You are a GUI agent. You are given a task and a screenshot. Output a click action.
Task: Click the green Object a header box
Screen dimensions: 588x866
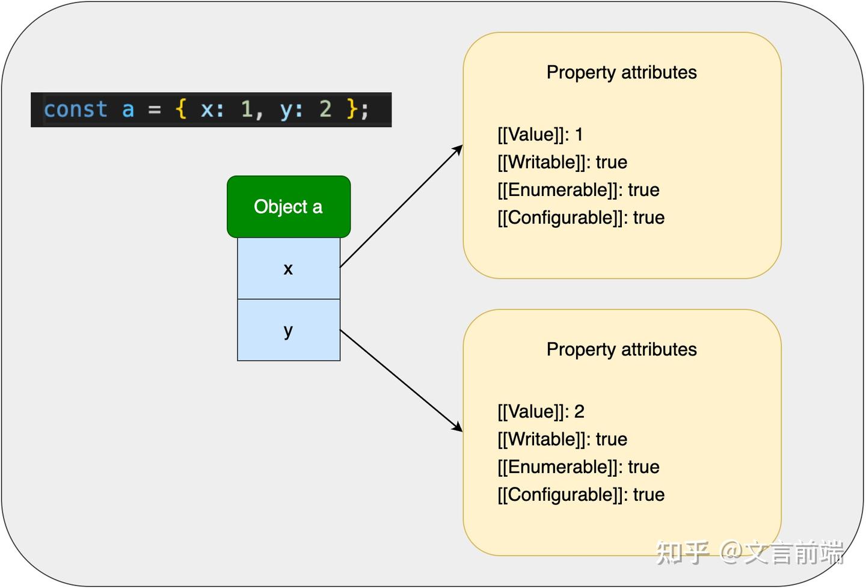pos(289,207)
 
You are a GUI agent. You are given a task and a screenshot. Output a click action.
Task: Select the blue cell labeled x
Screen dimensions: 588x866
pos(289,269)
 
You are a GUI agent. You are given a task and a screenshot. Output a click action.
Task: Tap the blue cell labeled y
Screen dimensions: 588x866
pos(289,330)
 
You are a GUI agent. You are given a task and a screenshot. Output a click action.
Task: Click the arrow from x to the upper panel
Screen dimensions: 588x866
pos(401,206)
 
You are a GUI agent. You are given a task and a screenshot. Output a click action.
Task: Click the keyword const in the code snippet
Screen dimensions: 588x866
pos(75,109)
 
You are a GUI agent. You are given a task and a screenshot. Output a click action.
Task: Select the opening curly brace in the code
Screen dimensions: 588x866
pos(180,109)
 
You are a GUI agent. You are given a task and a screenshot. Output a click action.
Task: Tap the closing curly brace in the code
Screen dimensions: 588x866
pos(352,109)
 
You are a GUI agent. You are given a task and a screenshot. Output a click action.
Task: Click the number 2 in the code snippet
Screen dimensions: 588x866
pos(325,109)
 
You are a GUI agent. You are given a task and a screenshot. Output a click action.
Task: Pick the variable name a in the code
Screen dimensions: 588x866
pos(127,109)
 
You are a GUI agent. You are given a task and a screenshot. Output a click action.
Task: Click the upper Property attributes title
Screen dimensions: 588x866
pos(621,72)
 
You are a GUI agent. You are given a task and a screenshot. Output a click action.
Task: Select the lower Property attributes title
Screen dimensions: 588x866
pos(621,349)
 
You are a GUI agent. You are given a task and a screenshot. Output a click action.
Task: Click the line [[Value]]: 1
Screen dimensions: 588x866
pos(540,134)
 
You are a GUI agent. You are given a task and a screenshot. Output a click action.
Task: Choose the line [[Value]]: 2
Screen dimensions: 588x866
pos(541,411)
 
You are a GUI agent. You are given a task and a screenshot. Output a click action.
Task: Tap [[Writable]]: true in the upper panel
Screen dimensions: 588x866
pos(562,162)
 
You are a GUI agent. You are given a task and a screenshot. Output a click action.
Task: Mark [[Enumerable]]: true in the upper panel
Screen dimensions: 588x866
pos(579,189)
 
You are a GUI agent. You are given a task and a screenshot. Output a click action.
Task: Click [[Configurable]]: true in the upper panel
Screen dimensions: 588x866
pos(581,217)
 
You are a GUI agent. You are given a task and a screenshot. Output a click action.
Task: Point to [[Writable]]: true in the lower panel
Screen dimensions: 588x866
pos(562,439)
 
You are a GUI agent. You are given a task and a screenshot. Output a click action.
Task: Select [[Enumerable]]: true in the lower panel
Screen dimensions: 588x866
pos(579,467)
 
